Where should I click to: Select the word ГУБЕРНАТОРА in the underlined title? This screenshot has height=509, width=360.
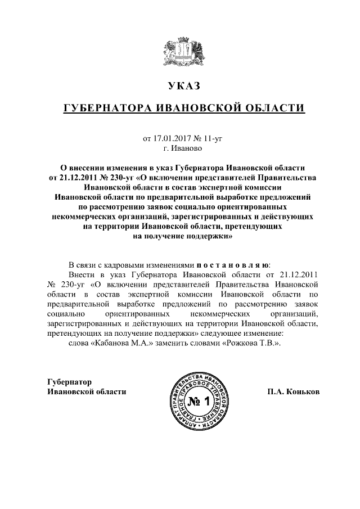(105, 107)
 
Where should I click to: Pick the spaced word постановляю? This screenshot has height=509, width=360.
(232, 264)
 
